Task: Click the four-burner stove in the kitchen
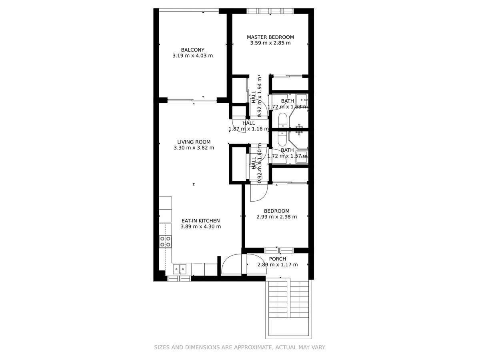165,241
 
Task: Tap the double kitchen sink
179,269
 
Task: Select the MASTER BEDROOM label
270,37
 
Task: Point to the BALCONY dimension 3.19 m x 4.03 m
192,56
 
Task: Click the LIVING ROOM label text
194,142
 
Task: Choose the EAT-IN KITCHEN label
200,221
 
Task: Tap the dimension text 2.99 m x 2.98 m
276,217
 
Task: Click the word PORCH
277,259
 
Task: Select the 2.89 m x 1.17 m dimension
277,265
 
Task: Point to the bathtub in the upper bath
282,120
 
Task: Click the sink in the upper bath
303,100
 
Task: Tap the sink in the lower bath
303,157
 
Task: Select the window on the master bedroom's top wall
270,11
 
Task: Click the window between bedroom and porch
278,250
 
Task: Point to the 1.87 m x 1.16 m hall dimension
248,129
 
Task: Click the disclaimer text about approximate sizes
240,348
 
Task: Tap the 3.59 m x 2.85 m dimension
270,43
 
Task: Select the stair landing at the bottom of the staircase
288,328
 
